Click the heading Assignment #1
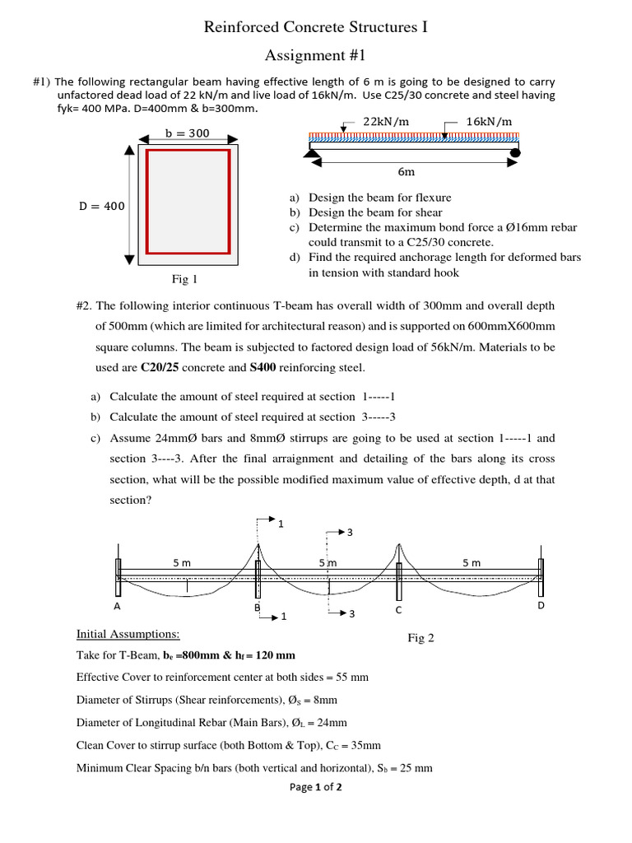click(x=315, y=56)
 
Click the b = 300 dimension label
click(x=187, y=133)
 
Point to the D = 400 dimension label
click(x=102, y=207)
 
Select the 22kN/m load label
click(x=385, y=121)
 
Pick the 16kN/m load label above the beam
click(x=489, y=121)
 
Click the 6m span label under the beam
click(x=406, y=172)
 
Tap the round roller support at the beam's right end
click(x=515, y=151)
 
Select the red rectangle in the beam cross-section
click(x=188, y=201)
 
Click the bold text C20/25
click(x=162, y=367)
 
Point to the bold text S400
click(x=263, y=367)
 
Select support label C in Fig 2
click(x=398, y=610)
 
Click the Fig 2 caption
click(x=421, y=638)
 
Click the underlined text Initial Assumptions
click(x=128, y=634)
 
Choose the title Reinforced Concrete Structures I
click(x=316, y=29)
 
